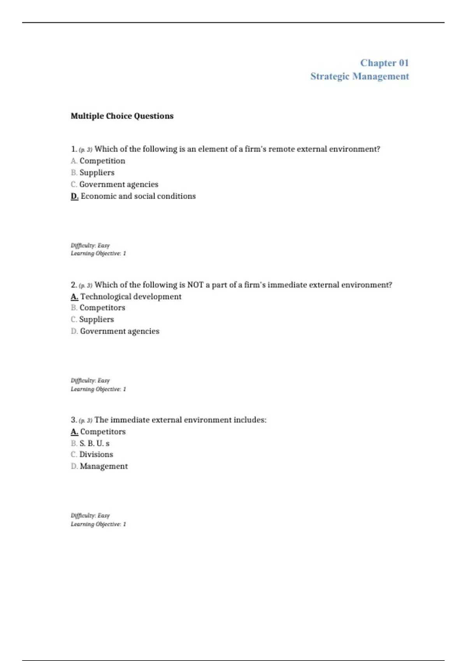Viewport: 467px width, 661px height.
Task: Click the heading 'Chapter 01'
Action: pyautogui.click(x=384, y=63)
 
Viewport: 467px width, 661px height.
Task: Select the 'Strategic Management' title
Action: pyautogui.click(x=360, y=76)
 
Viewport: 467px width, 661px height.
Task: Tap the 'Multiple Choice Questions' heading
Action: pyautogui.click(x=122, y=116)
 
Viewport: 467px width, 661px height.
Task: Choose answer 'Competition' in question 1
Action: pyautogui.click(x=102, y=161)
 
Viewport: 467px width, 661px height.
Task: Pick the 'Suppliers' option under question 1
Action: pyautogui.click(x=97, y=173)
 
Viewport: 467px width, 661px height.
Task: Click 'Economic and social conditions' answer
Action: pyautogui.click(x=138, y=196)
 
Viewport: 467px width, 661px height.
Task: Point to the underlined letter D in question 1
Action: pyautogui.click(x=74, y=196)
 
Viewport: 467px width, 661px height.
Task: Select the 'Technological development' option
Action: pyautogui.click(x=131, y=297)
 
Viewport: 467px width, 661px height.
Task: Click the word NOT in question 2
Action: pyautogui.click(x=195, y=285)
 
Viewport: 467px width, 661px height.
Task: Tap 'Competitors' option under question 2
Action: pyautogui.click(x=102, y=308)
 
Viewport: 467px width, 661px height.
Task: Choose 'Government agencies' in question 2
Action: pyautogui.click(x=119, y=331)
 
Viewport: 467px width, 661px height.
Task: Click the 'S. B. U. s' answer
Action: pyautogui.click(x=94, y=443)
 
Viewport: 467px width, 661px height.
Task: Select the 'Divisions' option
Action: pyautogui.click(x=96, y=455)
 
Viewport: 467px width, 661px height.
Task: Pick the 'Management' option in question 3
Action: pyautogui.click(x=104, y=466)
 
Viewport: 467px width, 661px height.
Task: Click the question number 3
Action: pyautogui.click(x=74, y=420)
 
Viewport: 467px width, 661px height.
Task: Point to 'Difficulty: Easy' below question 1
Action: pyautogui.click(x=90, y=245)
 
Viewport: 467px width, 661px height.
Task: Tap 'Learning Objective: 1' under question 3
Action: pyautogui.click(x=98, y=524)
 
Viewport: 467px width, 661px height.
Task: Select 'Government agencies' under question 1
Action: pyautogui.click(x=119, y=184)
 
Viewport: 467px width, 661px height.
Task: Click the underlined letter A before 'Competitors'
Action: pyautogui.click(x=74, y=432)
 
